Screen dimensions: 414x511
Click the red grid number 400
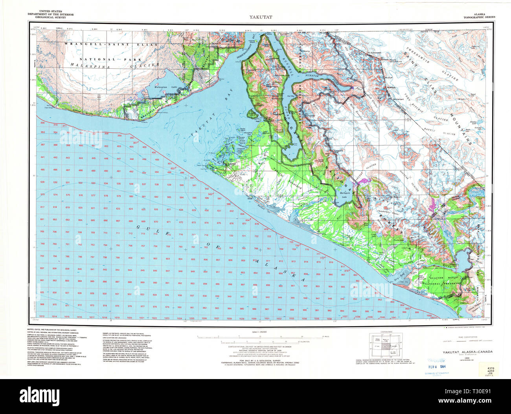pyautogui.click(x=80, y=146)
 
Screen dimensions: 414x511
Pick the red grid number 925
pyautogui.click(x=42, y=293)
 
